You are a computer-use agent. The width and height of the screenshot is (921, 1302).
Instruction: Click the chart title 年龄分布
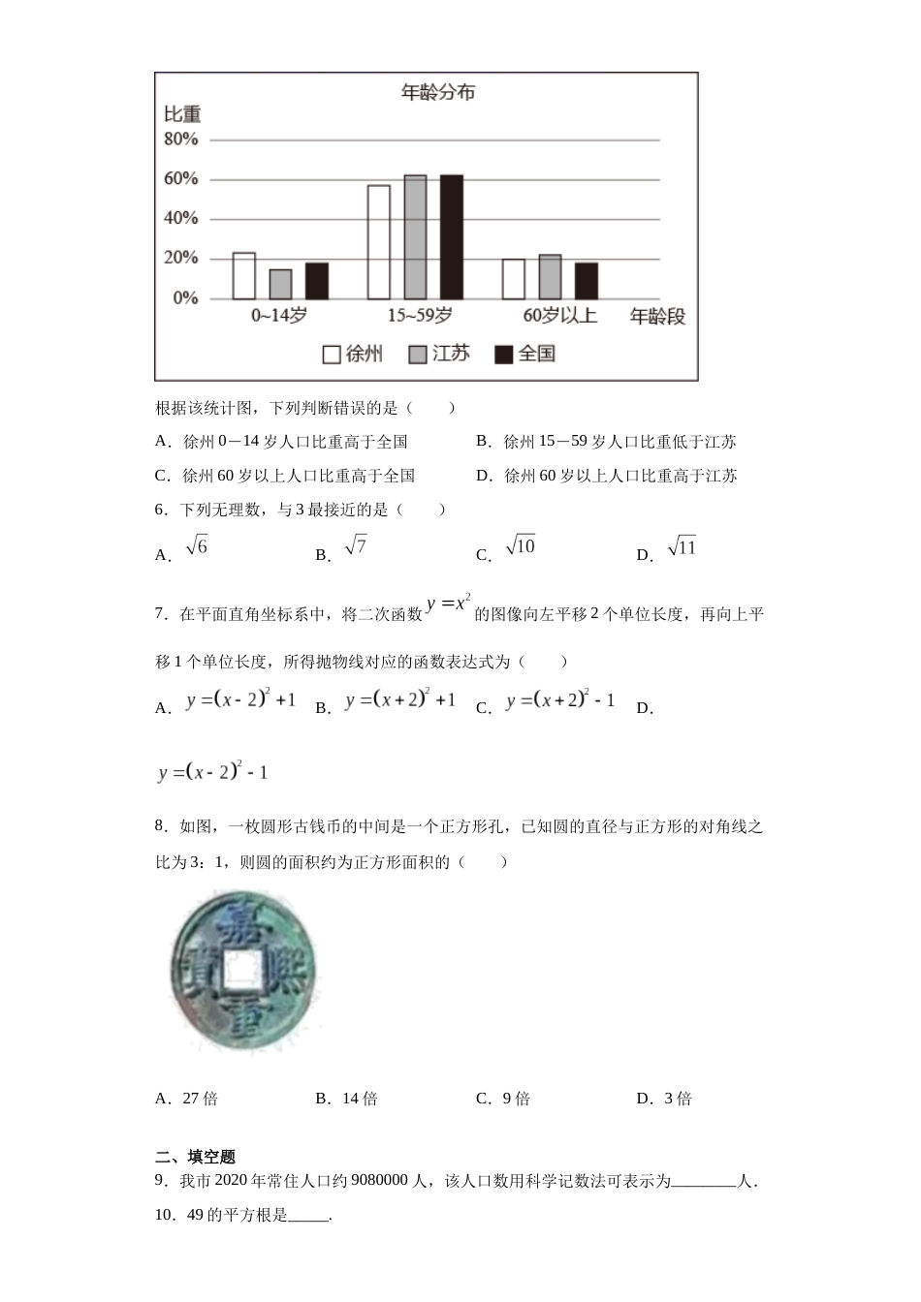438,93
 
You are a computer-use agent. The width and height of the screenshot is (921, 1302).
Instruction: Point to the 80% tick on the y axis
181,139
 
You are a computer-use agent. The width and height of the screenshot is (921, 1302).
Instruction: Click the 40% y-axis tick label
181,219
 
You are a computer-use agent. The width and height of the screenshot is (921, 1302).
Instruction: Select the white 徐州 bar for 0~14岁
244,276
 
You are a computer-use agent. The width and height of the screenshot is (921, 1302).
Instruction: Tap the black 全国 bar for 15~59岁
452,237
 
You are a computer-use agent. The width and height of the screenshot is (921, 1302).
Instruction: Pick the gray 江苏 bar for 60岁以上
550,277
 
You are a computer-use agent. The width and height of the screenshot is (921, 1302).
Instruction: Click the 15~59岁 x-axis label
420,316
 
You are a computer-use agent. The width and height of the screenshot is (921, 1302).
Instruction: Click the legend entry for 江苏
440,354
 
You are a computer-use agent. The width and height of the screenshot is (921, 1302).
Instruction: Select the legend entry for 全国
525,354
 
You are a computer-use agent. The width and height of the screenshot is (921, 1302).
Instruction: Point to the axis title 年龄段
657,317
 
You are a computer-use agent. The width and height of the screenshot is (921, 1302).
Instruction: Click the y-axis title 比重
182,115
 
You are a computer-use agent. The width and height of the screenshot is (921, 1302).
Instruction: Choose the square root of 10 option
521,547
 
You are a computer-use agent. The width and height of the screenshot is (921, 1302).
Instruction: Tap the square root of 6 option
197,547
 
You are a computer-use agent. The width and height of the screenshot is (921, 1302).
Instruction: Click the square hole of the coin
241,970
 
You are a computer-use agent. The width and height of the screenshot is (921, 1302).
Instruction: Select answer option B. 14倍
347,1099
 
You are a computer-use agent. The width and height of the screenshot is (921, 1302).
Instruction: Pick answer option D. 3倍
665,1099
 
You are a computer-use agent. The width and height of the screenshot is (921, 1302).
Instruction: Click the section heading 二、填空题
196,1157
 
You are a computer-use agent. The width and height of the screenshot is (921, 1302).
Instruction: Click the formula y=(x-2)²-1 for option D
213,772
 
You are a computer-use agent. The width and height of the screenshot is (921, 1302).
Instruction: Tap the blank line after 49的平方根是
309,1217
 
